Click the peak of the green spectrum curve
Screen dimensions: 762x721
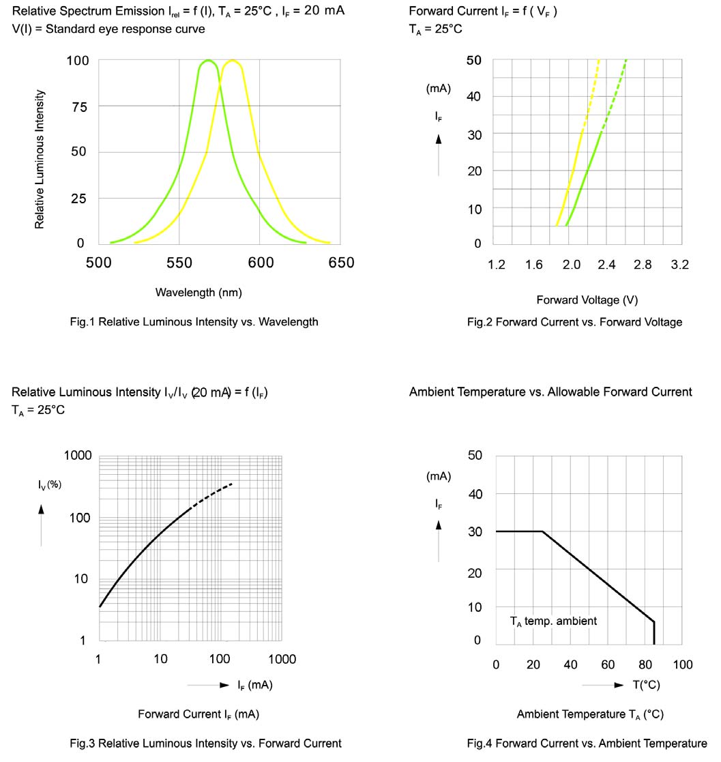coord(207,61)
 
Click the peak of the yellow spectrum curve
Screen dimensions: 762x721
coord(233,61)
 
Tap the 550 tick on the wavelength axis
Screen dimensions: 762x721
coord(179,263)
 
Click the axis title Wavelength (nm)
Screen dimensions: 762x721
coord(198,293)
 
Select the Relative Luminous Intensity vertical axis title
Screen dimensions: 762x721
coord(40,159)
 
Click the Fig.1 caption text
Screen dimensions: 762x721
coord(194,322)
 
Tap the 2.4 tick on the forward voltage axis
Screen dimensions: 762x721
coord(606,265)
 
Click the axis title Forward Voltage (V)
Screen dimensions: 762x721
coord(587,300)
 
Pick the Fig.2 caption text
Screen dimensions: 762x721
coord(574,322)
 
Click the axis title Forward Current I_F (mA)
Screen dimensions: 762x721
coord(198,714)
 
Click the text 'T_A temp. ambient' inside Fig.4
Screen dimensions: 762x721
coord(553,621)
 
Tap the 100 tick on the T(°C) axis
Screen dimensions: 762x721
coord(682,665)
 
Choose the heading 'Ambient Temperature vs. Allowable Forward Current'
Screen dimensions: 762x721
coord(550,392)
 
